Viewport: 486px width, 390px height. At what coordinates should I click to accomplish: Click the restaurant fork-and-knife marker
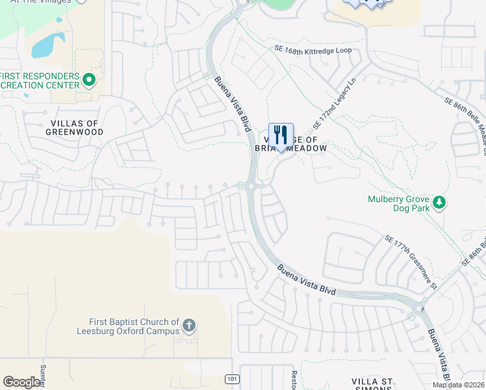point(281,135)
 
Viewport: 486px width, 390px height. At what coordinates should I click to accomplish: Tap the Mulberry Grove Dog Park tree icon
point(440,203)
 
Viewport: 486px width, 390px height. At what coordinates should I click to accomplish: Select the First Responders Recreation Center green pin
point(90,81)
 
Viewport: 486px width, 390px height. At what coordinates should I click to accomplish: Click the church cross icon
point(188,325)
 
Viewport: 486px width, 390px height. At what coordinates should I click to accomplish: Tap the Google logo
point(21,382)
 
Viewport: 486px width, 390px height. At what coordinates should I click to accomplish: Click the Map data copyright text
point(458,385)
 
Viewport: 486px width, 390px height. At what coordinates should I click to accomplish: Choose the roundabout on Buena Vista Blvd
point(250,187)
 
